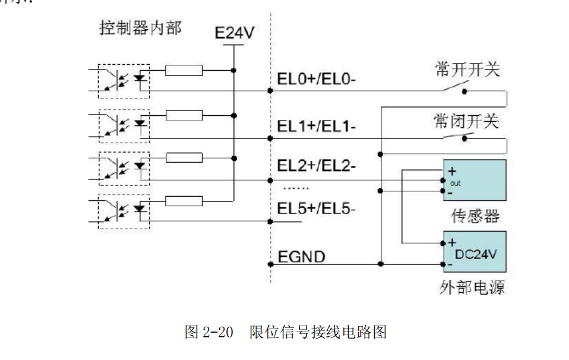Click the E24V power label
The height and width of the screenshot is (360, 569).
(x=234, y=33)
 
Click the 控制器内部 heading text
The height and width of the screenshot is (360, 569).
(x=140, y=28)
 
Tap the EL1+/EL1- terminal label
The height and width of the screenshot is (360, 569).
(x=317, y=127)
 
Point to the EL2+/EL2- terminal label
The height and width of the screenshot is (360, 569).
(x=317, y=167)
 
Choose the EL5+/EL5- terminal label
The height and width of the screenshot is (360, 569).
(x=317, y=209)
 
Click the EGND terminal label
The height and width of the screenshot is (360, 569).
(x=301, y=257)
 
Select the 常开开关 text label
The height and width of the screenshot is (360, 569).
(x=467, y=70)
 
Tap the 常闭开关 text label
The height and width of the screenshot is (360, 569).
(x=467, y=122)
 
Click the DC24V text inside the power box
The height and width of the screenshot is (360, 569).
(x=476, y=254)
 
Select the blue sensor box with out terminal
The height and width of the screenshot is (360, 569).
(x=474, y=179)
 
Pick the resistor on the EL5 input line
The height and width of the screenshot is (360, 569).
(x=184, y=201)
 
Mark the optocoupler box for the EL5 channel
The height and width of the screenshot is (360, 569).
(x=124, y=212)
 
